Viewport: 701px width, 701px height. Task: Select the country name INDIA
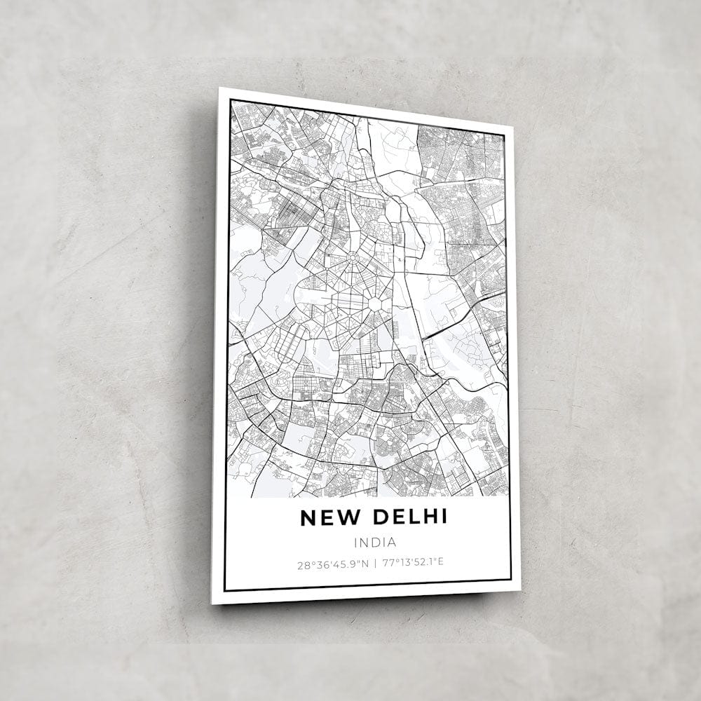[x=375, y=542]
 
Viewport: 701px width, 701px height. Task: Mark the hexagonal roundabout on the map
[x=375, y=304]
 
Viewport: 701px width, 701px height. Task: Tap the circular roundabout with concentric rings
[x=353, y=258]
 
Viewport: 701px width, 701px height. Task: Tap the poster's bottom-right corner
[x=520, y=591]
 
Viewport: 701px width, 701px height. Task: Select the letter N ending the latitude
[x=367, y=563]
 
